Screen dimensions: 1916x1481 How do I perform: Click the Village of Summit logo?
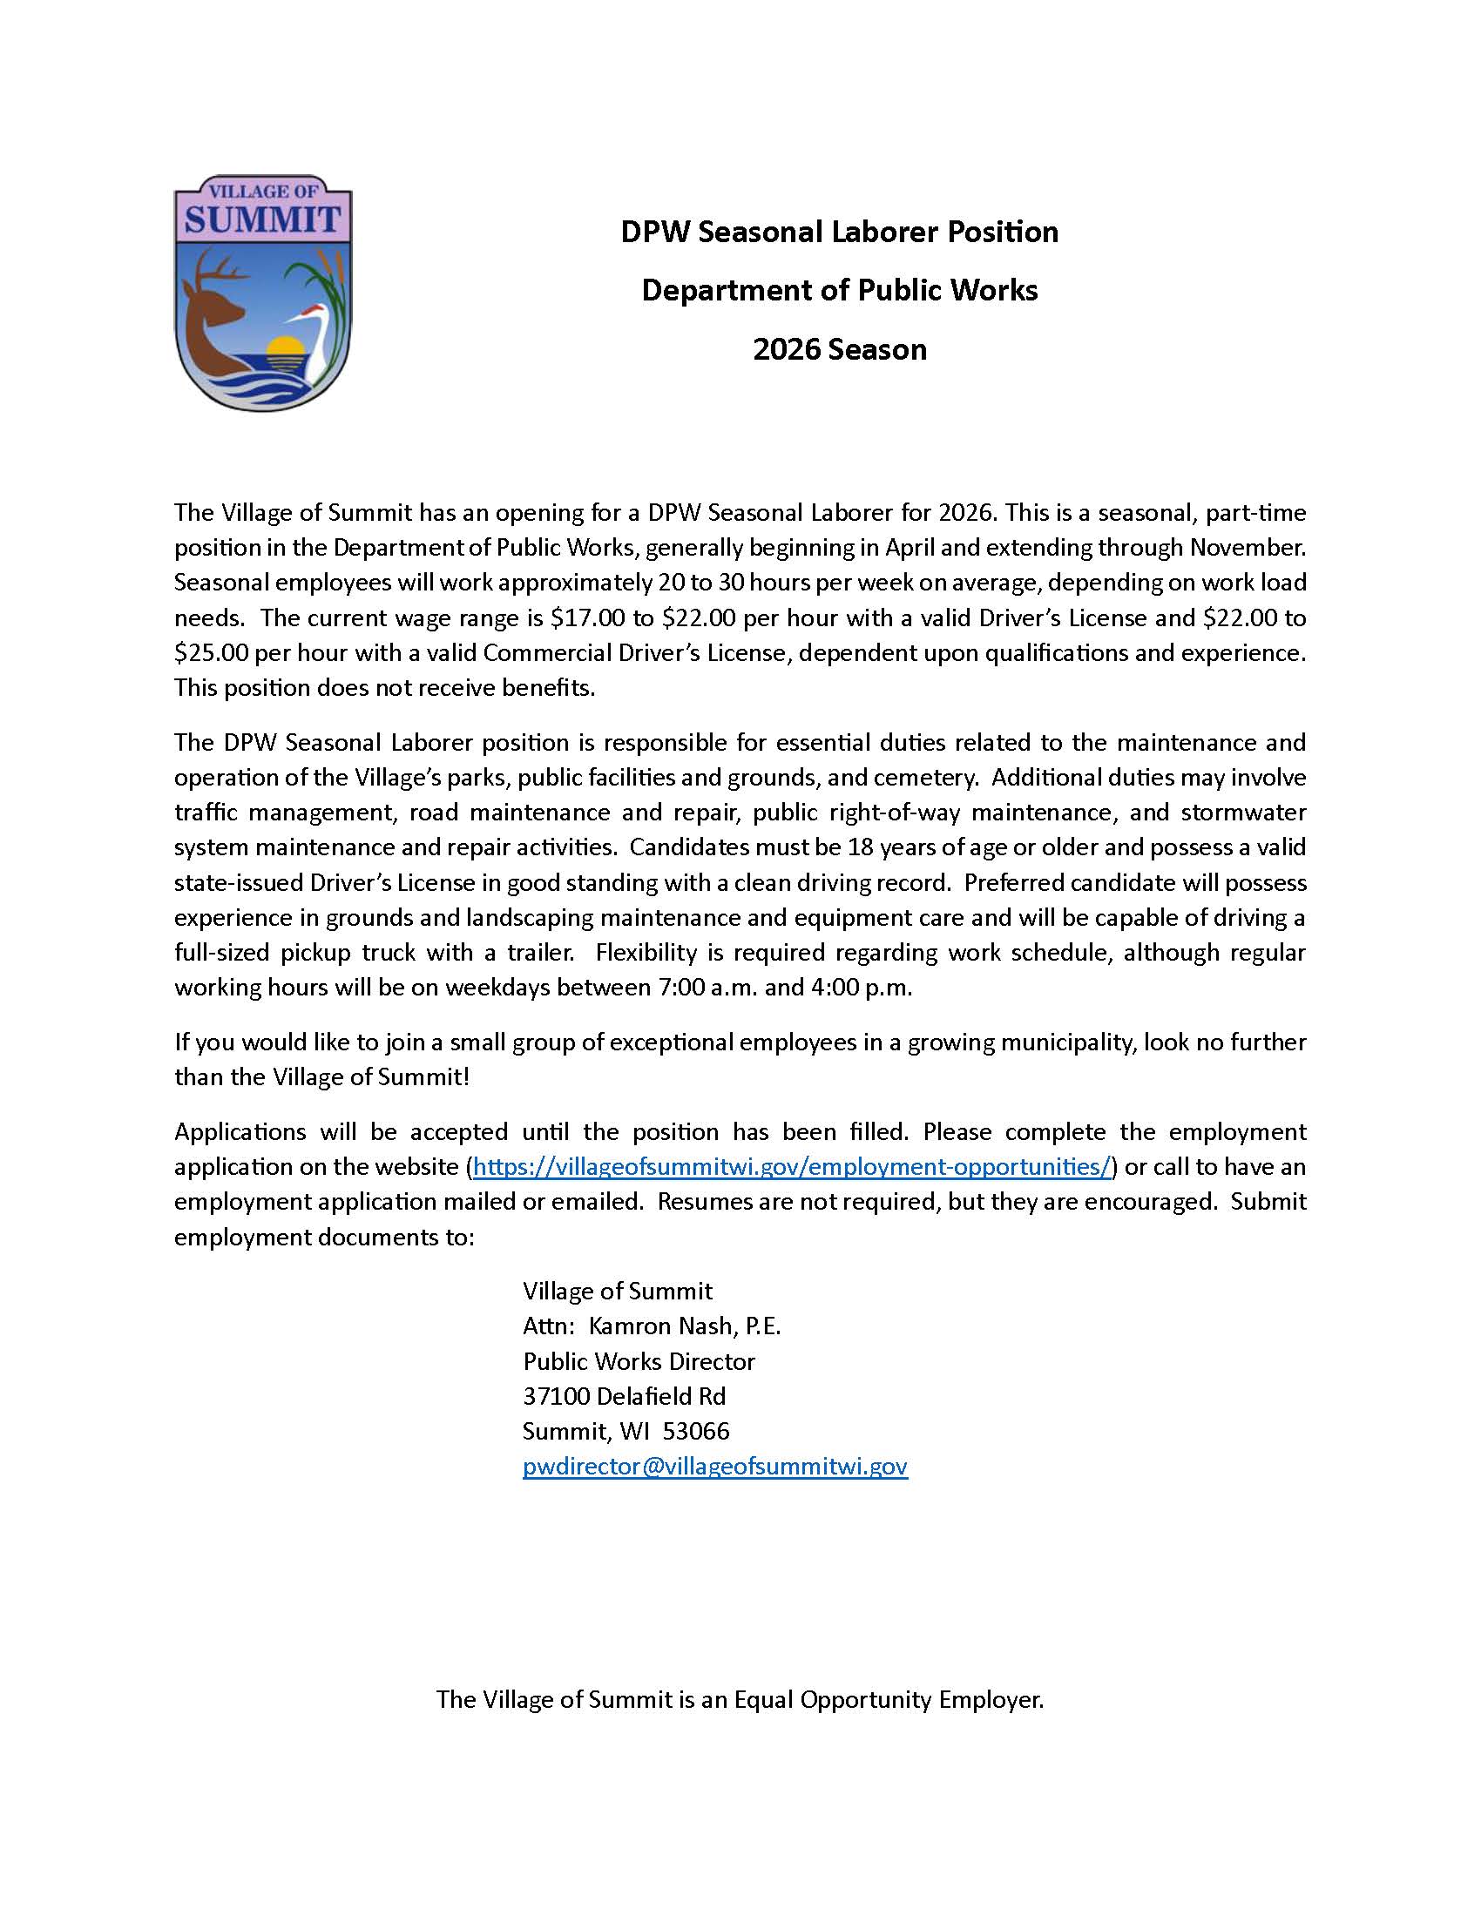263,293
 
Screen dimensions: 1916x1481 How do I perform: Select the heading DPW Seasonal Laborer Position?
839,233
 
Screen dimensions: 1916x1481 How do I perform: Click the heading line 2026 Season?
839,350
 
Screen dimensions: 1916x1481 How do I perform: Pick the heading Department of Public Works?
839,291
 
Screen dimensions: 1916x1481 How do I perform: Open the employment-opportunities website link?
791,1167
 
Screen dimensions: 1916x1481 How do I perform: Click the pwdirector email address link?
714,1467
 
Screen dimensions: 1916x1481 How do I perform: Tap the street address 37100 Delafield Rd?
624,1397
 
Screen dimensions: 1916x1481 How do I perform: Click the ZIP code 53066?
696,1432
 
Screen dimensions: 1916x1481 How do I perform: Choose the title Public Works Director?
639,1361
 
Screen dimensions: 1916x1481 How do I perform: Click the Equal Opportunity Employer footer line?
740,1700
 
